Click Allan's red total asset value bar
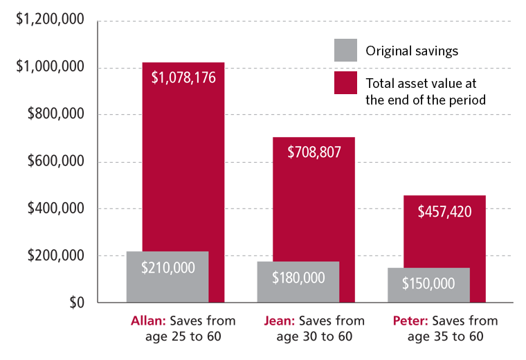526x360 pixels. click(183, 173)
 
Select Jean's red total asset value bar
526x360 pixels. click(314, 201)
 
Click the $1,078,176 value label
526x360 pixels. click(183, 77)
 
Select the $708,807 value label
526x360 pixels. click(314, 152)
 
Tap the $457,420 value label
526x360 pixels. click(445, 211)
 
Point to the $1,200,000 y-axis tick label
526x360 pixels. click(51, 21)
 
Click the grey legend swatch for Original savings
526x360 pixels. click(345, 50)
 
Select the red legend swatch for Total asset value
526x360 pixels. click(345, 83)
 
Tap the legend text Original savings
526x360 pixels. click(412, 51)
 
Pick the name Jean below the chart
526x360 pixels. click(280, 321)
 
